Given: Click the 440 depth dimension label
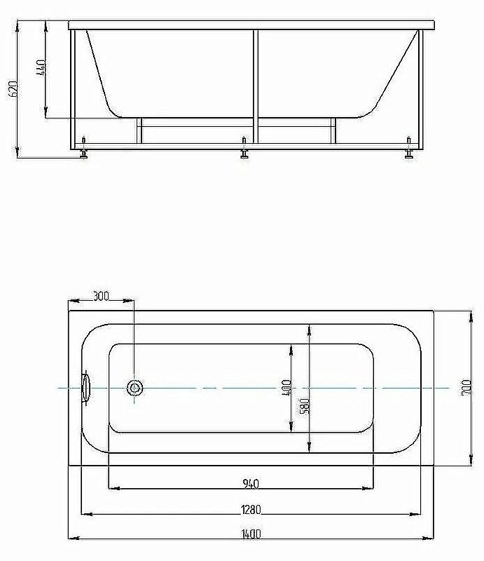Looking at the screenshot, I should [40, 68].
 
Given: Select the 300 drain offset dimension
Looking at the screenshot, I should [101, 297].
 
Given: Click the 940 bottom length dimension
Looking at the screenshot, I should [251, 482].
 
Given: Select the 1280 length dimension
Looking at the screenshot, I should [251, 508].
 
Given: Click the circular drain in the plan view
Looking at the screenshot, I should [134, 388].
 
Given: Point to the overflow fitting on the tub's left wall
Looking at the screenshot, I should [87, 388].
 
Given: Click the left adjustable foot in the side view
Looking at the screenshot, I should [84, 154].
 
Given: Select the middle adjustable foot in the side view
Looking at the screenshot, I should [244, 154].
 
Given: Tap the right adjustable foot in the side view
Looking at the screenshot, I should [408, 154].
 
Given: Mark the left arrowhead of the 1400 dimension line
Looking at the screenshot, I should [73, 539].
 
